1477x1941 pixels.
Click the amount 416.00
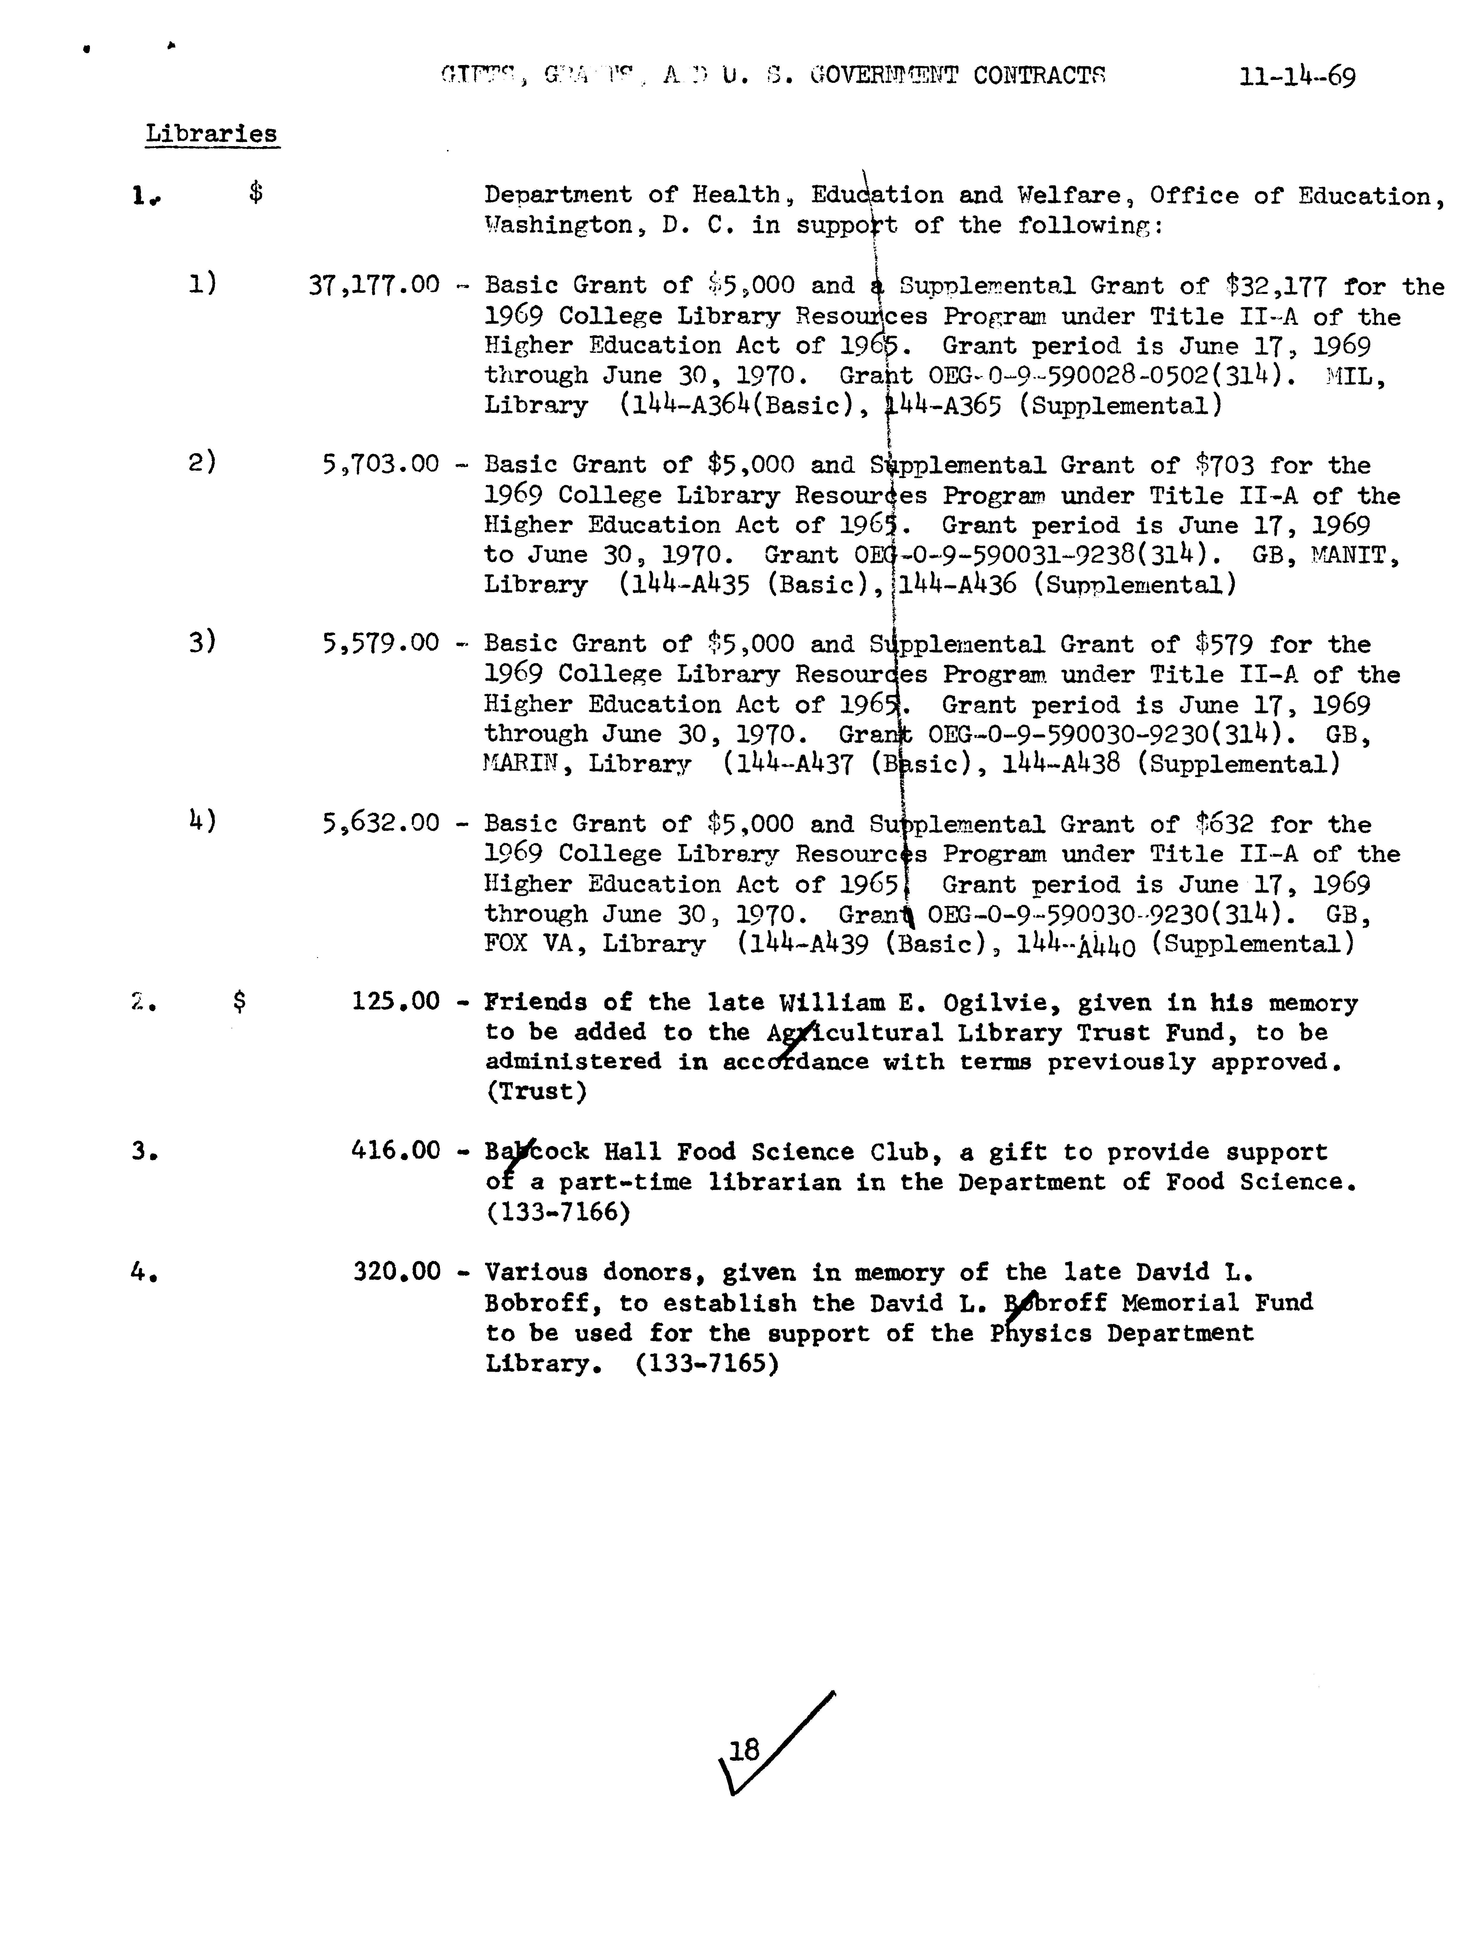(396, 1151)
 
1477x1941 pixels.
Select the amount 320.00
(396, 1272)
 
